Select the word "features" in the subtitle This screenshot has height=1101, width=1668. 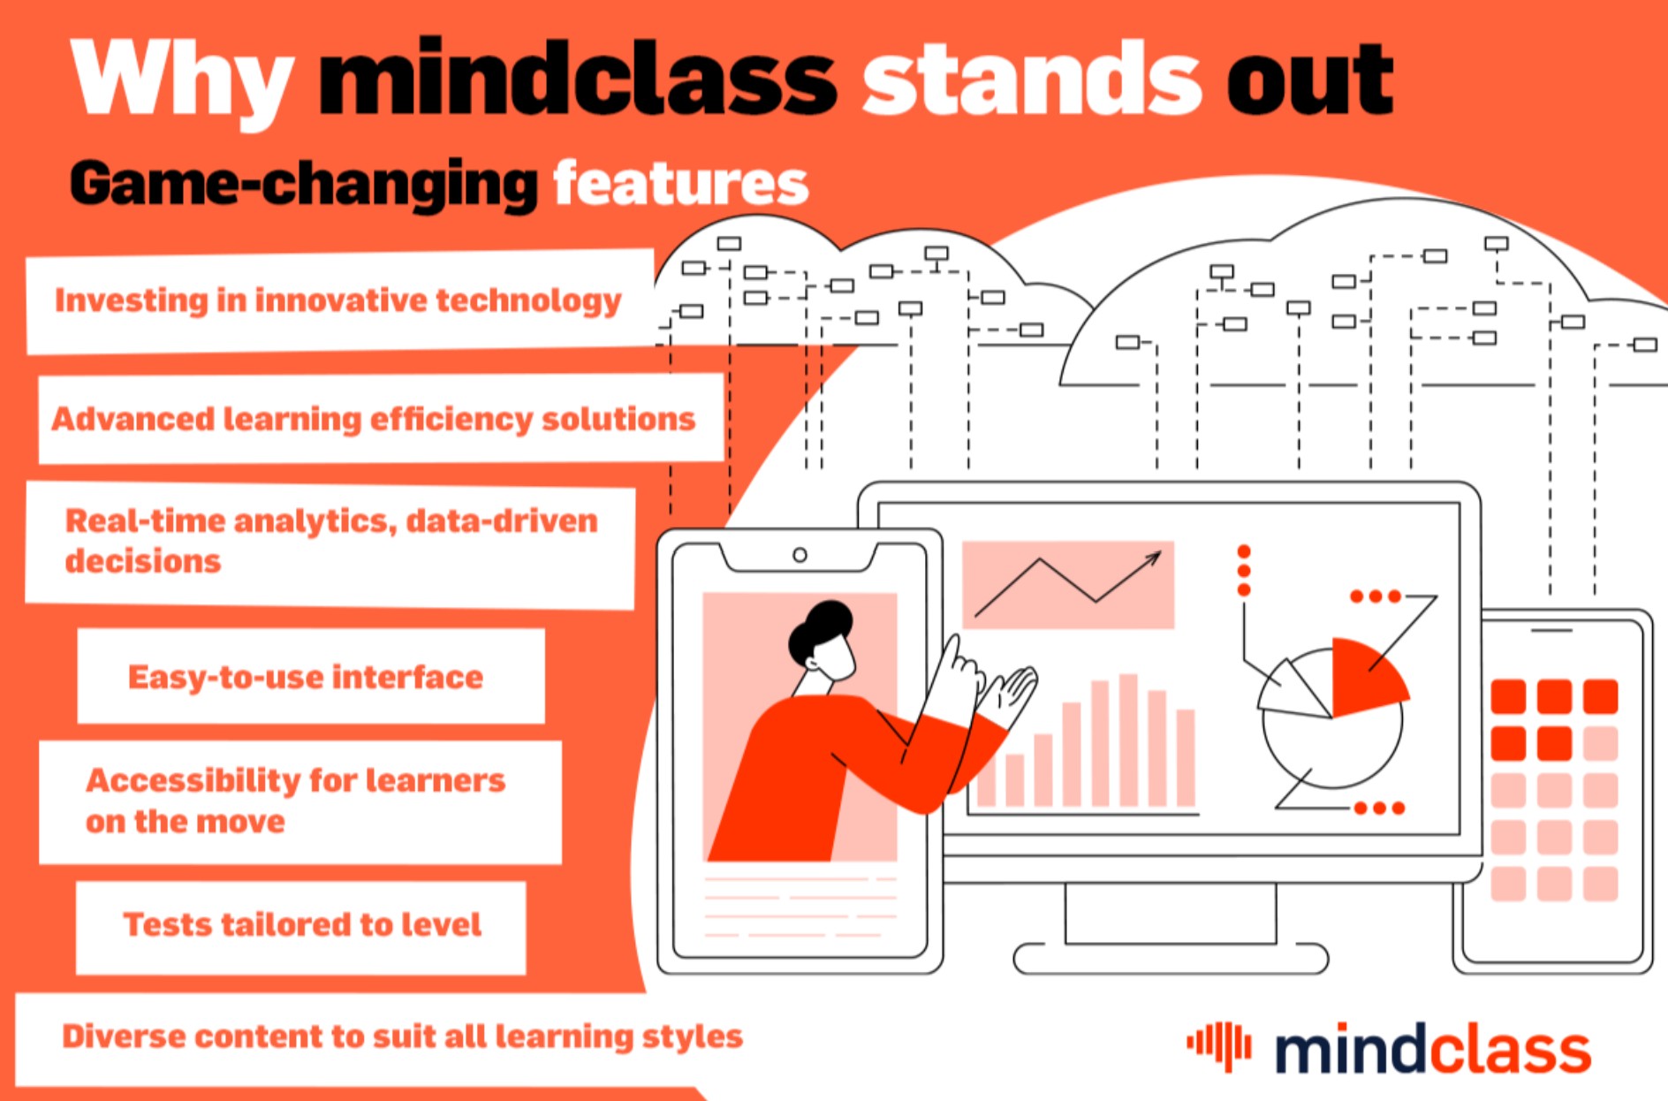point(681,184)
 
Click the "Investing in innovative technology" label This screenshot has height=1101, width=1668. point(338,300)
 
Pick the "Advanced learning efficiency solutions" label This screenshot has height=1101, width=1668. point(374,419)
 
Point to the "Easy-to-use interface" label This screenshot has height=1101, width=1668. point(306,677)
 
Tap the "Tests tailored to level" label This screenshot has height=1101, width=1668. point(302,924)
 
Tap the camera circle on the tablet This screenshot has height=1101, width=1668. point(800,555)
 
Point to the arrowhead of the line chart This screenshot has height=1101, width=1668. point(1154,558)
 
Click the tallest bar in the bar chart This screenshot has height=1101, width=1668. point(1128,740)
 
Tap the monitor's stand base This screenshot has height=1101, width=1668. point(1171,959)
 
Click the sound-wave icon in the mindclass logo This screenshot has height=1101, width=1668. point(1219,1045)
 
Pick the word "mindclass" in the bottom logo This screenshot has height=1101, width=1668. point(1432,1049)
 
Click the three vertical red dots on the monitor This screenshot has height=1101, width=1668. point(1244,571)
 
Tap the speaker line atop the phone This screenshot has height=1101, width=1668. point(1551,631)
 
